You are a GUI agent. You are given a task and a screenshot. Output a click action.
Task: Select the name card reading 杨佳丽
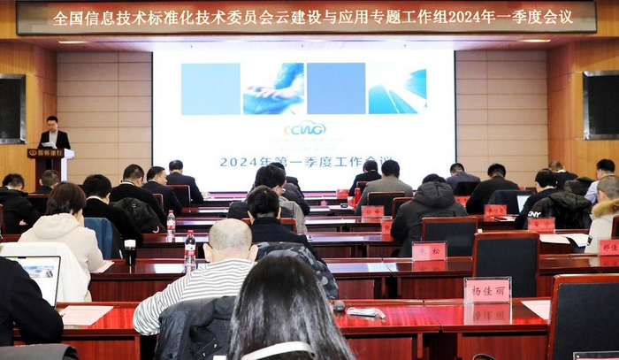[x=486, y=290]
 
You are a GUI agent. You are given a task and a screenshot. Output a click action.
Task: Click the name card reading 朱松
[x=429, y=251]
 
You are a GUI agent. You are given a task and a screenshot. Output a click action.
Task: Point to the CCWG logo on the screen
[x=305, y=128]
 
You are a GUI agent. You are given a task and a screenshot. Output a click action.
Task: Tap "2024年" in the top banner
[x=481, y=17]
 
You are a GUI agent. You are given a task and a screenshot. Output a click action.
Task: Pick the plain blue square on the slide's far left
[x=210, y=88]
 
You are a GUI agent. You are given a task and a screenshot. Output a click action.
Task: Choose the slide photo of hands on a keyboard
[x=273, y=88]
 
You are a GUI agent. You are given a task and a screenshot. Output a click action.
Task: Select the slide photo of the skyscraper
[x=397, y=88]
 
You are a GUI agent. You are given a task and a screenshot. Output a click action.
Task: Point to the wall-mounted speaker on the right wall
[x=600, y=104]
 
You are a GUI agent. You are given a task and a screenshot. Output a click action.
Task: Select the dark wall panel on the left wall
[x=11, y=108]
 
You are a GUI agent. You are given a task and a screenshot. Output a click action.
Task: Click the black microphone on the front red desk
[x=339, y=306]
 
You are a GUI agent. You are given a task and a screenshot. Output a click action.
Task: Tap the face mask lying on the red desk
[x=365, y=312]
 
